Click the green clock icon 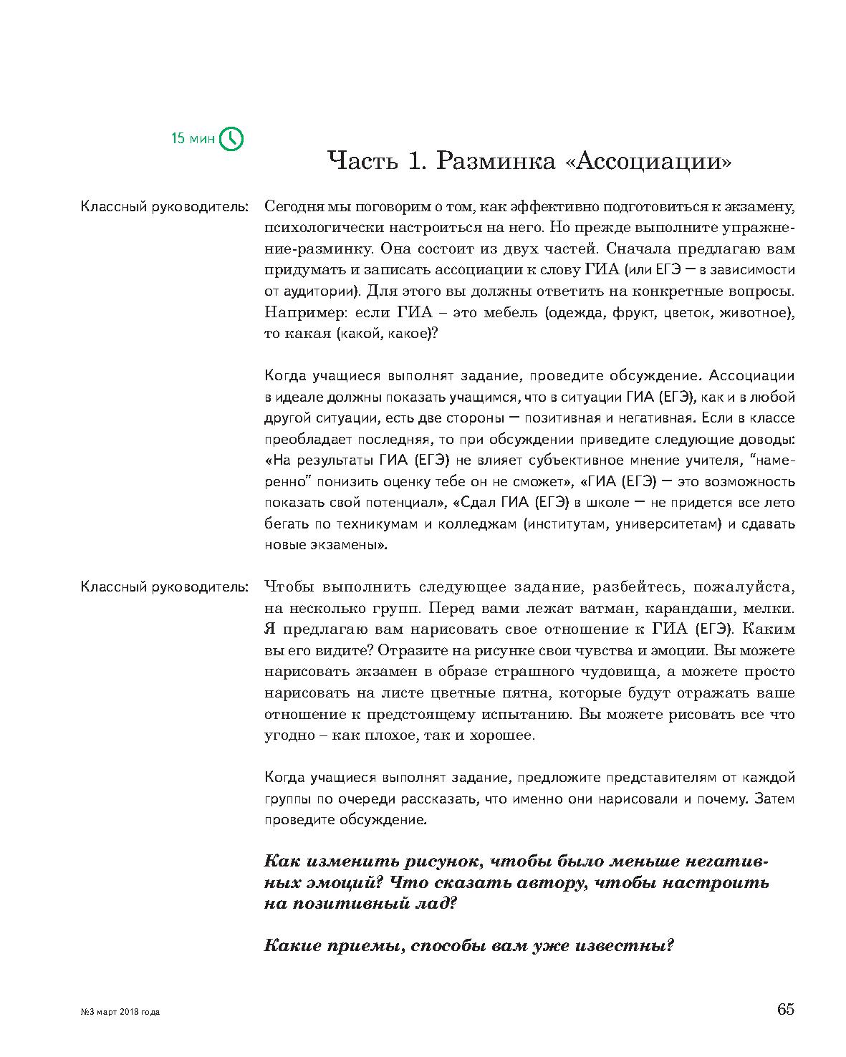[x=231, y=138]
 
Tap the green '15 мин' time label [x=193, y=138]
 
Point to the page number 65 [x=785, y=1010]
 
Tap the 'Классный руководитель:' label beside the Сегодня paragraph [x=164, y=207]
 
